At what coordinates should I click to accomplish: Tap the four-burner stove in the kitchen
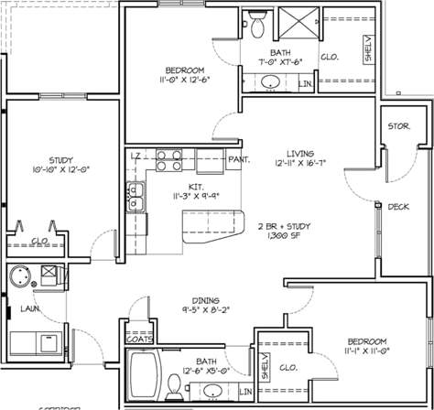click(168, 161)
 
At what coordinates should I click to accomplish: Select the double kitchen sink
click(138, 196)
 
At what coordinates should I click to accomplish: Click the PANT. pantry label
click(240, 159)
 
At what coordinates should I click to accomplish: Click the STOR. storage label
click(398, 125)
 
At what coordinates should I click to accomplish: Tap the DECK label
click(397, 206)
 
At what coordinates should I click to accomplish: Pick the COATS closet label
click(139, 339)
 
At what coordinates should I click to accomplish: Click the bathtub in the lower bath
click(145, 378)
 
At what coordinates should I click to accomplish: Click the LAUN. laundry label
click(30, 309)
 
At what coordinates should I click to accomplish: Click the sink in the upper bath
click(271, 83)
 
